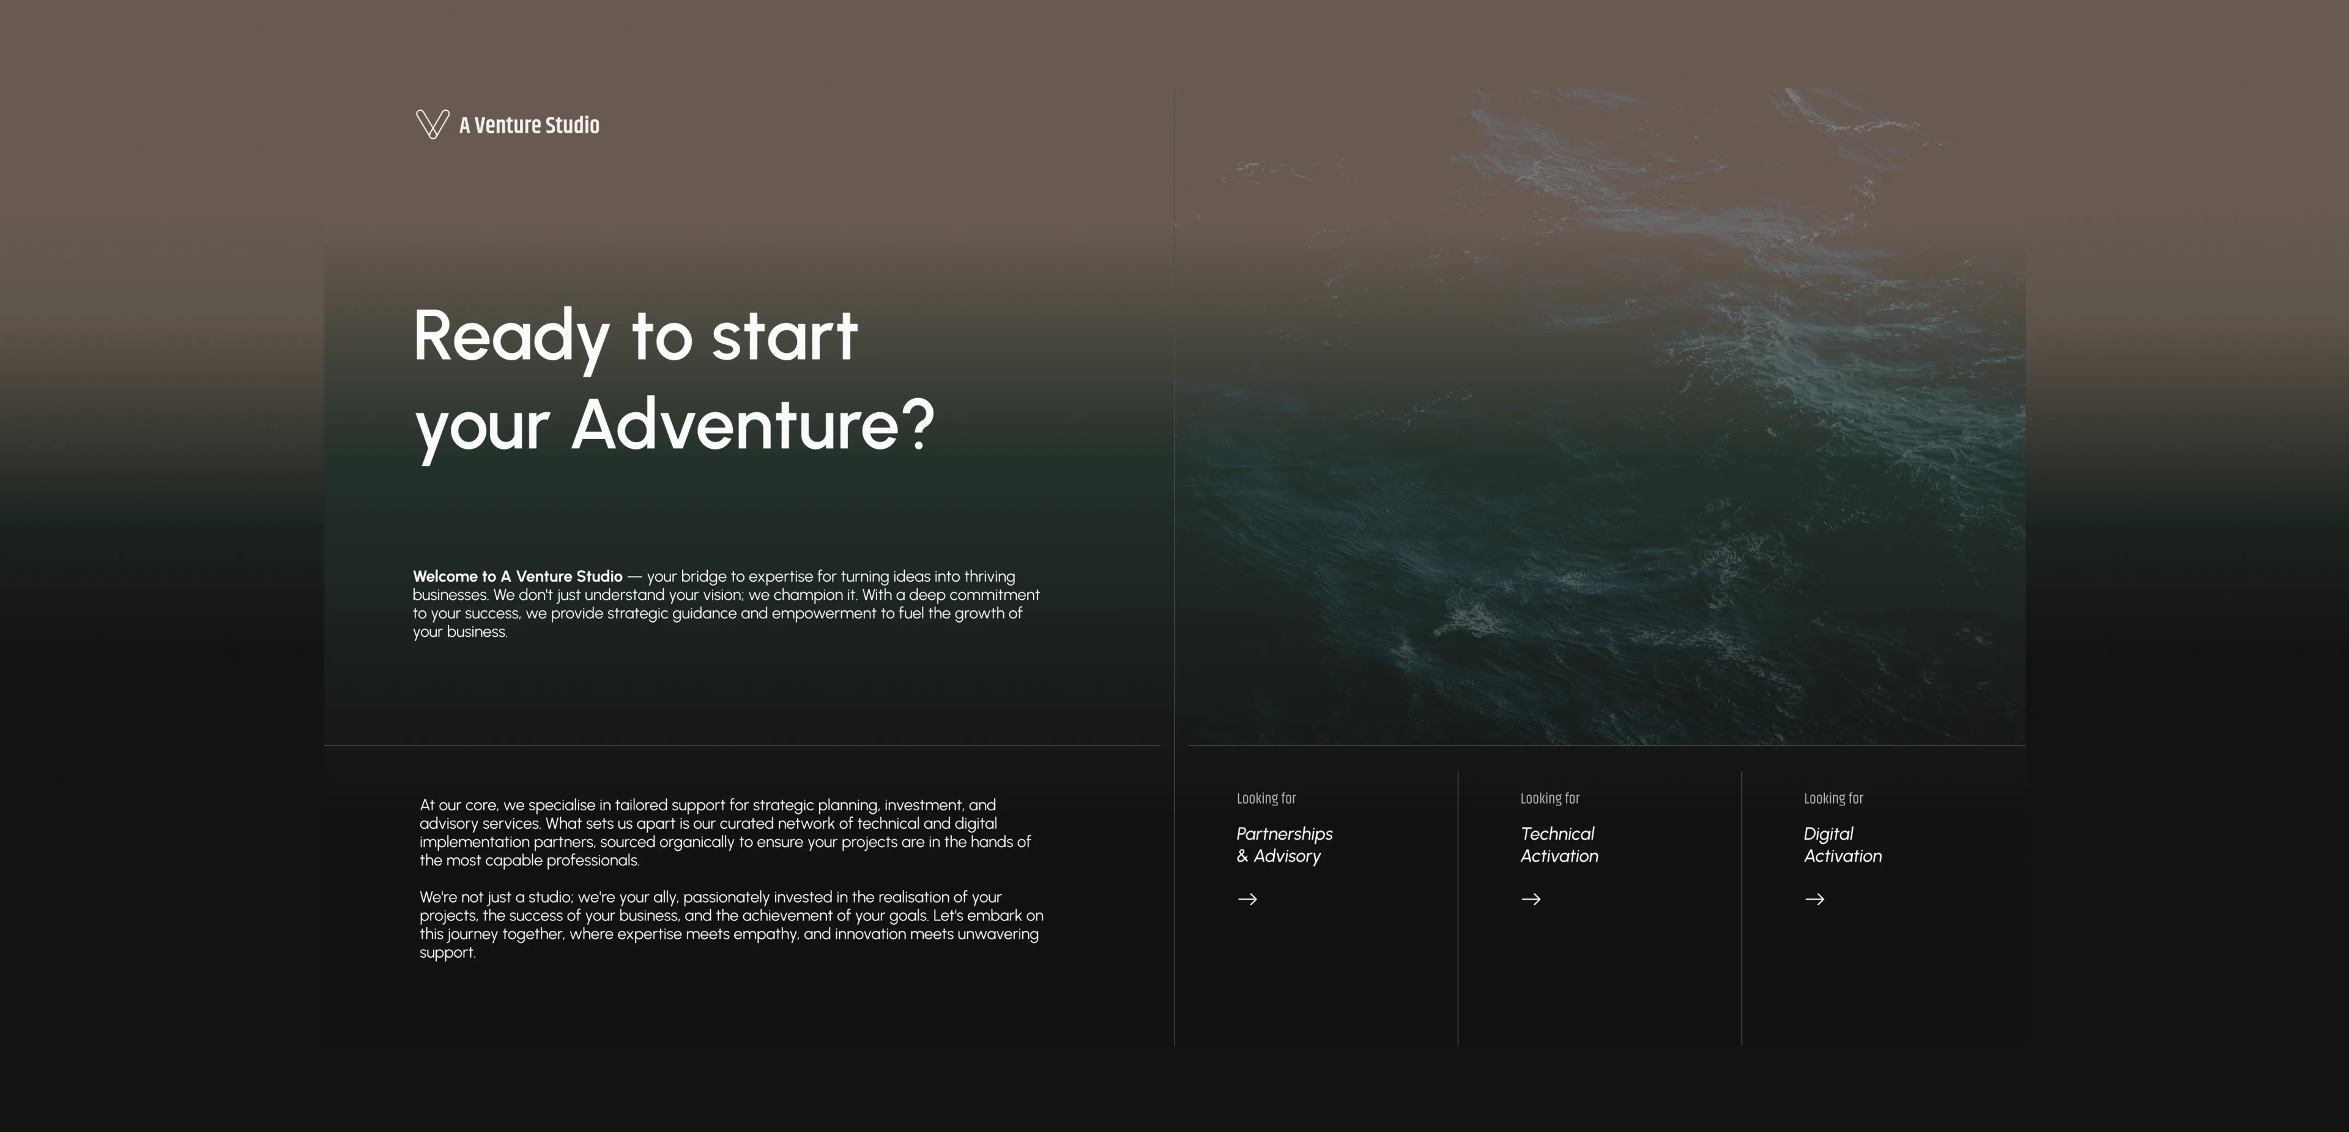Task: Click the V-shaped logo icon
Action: click(432, 124)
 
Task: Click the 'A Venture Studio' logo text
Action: click(529, 125)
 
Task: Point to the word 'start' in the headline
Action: click(784, 336)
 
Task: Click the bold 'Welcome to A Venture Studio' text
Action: click(517, 576)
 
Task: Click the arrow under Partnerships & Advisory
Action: click(1247, 898)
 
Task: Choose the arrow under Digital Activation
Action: click(1814, 898)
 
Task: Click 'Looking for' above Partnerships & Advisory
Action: click(1266, 799)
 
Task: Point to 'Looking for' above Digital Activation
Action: click(1833, 799)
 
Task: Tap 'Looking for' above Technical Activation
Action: click(1549, 799)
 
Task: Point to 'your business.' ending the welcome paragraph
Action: click(459, 632)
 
